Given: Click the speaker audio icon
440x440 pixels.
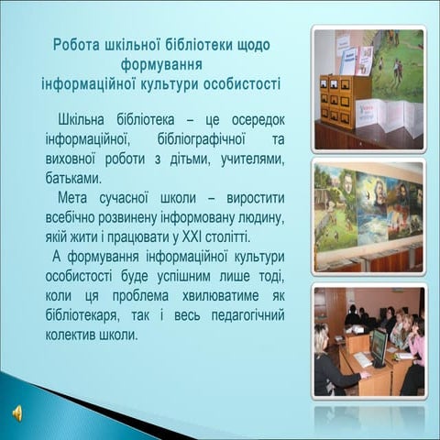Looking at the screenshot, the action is click(x=17, y=413).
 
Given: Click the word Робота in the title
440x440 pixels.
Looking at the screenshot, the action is click(x=76, y=45).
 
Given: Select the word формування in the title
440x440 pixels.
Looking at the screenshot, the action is click(x=161, y=65).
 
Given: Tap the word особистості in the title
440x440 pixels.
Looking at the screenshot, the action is click(x=242, y=84).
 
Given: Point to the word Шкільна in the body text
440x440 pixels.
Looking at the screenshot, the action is click(x=81, y=119).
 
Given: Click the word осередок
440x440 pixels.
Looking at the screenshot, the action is click(x=258, y=120).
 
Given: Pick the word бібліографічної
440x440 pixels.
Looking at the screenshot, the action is click(x=202, y=139).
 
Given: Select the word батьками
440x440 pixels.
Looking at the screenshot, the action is click(x=73, y=179).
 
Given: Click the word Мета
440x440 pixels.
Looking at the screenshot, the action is click(x=72, y=198).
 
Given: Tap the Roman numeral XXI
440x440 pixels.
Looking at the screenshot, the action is click(x=192, y=237).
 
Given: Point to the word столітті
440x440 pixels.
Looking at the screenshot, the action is click(x=228, y=237).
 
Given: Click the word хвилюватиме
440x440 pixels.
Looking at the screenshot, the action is click(x=220, y=296).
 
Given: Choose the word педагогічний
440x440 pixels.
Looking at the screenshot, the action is click(x=247, y=316).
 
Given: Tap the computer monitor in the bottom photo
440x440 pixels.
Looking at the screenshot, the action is click(x=379, y=347).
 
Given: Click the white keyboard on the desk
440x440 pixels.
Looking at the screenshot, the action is click(x=363, y=358).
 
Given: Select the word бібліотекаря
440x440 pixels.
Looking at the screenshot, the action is click(x=82, y=316).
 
